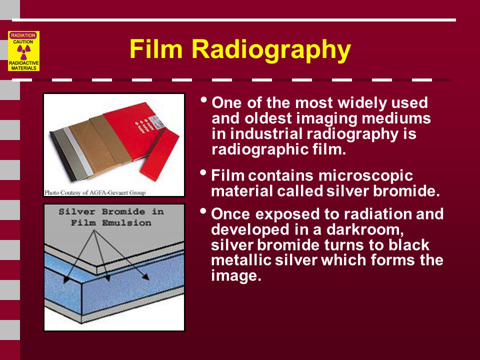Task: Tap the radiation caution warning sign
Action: tap(23, 50)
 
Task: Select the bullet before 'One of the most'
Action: tap(202, 99)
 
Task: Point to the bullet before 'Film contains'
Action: tap(202, 172)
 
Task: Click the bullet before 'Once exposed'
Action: tap(202, 210)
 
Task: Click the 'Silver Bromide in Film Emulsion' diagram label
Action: tap(111, 217)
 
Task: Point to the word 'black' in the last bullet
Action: tap(406, 245)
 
